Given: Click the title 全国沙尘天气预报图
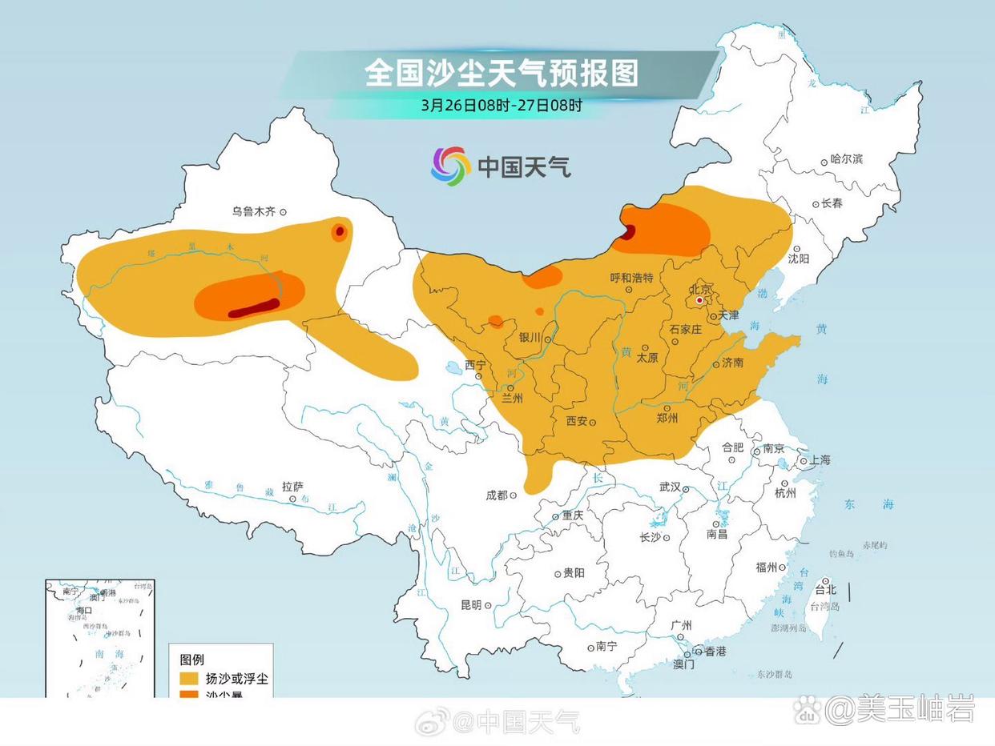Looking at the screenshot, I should point(502,73).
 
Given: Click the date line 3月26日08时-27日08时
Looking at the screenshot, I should point(502,105).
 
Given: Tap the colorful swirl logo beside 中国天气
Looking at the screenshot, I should point(451,166).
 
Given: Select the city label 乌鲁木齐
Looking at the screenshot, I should point(254,212).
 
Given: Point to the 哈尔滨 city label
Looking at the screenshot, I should point(846,159).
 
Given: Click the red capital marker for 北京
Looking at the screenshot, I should point(699,300).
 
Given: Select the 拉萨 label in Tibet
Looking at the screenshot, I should point(292,487).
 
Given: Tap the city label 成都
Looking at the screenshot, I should point(497,495).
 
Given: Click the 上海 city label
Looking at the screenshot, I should point(820,460).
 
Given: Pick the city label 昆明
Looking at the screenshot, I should point(471,605).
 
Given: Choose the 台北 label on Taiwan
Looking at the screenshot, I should point(825,590).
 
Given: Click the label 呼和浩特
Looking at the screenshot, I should point(632,278).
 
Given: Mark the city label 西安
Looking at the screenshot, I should point(577,421).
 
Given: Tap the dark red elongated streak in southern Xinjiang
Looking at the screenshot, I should point(254,308).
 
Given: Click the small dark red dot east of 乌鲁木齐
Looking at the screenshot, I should point(340,231).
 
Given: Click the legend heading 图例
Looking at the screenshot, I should point(192,660).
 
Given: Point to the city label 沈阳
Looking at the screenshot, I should point(798,259).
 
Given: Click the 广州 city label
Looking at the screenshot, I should point(682,626).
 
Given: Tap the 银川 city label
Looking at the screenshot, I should point(530,338).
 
